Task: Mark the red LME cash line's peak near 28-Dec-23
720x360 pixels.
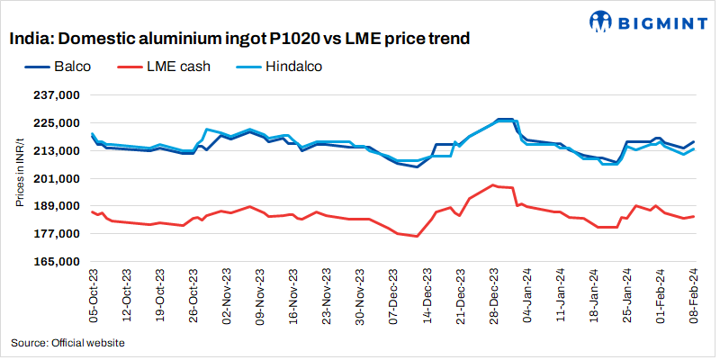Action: click(493, 185)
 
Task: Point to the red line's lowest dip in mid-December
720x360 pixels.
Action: click(417, 236)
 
